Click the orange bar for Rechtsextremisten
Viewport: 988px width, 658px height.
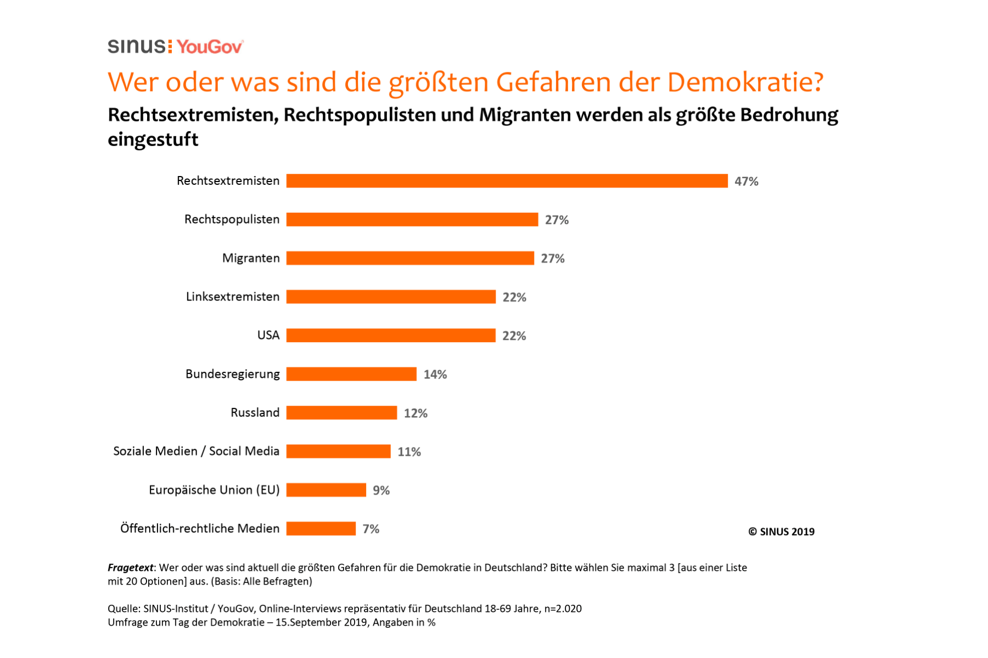pos(507,181)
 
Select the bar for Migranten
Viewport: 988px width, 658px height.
pos(410,258)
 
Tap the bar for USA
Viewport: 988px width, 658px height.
pos(391,336)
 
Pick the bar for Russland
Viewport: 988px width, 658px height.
pos(341,413)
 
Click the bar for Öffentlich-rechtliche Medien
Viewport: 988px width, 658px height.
pos(321,529)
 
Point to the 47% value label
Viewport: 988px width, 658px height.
pos(746,181)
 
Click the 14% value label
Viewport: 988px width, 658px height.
pos(435,375)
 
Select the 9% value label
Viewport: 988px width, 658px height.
pos(381,490)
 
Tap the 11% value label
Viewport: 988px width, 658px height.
pos(409,452)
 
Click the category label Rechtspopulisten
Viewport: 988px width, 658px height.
pos(232,219)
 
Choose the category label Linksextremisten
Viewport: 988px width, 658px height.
pos(233,297)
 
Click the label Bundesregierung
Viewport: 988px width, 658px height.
pos(233,374)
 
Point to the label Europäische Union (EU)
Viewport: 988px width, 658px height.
pos(214,490)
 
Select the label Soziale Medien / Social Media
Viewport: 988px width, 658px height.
pos(196,451)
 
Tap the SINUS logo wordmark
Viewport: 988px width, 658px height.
pos(137,47)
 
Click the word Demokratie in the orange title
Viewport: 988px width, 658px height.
pos(745,82)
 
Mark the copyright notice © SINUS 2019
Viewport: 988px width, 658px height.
pos(781,531)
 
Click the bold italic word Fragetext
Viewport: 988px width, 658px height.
pos(131,568)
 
